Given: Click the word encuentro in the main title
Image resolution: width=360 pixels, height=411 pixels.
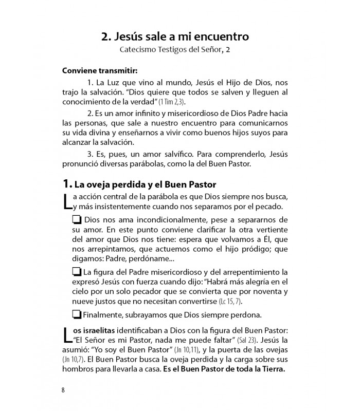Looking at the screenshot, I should pos(222,36).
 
